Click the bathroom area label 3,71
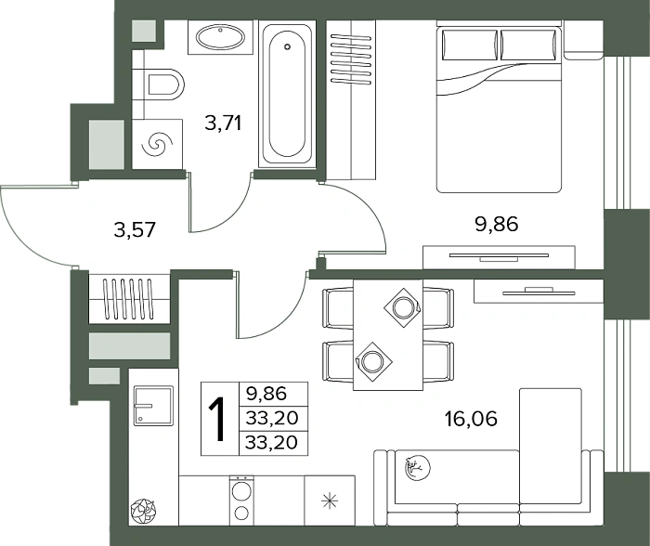pos(223,123)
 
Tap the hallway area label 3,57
pos(135,229)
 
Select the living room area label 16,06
pos(471,419)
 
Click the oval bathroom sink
pos(221,38)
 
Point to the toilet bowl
pos(166,84)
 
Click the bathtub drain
pos(287,46)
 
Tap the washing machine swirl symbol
pos(157,145)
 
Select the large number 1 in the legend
pos(216,419)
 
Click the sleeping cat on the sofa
pos(418,468)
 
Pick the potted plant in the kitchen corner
pos(143,512)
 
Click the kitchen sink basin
pos(153,406)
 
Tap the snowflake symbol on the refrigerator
pos(330,500)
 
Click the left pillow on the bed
pos(470,45)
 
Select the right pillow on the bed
pos(528,45)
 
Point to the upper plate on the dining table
pos(402,307)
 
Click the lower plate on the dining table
pos(372,361)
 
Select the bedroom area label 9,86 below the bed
pos(497,225)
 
